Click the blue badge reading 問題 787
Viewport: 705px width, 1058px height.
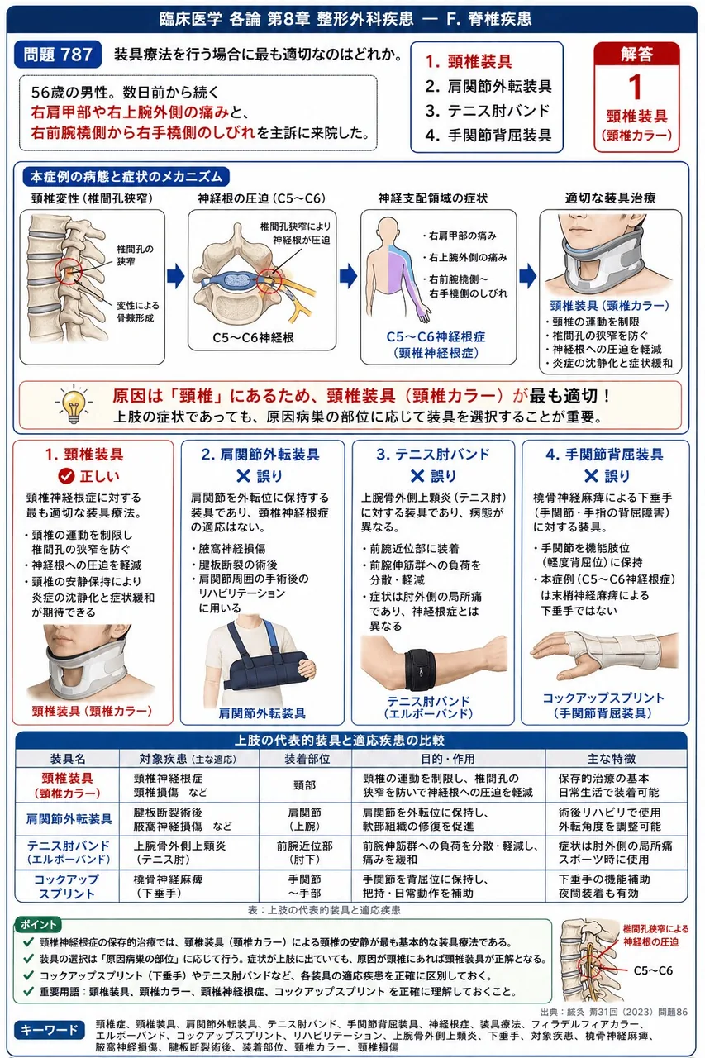(58, 55)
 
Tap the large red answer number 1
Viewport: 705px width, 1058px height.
(636, 88)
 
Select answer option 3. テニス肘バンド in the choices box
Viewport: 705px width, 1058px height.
(488, 111)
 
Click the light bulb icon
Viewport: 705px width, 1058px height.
(74, 404)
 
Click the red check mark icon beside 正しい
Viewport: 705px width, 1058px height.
(66, 476)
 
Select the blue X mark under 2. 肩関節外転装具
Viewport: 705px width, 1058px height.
(243, 476)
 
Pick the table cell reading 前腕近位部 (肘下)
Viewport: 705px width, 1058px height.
(305, 852)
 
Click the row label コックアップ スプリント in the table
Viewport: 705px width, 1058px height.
(67, 887)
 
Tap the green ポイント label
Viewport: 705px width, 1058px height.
(38, 924)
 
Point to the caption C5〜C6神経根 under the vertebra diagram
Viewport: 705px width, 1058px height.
(253, 337)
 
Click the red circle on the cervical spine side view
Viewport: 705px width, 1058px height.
(69, 271)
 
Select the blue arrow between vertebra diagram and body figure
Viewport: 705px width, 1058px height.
(349, 276)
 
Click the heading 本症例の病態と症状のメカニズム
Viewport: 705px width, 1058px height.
(126, 177)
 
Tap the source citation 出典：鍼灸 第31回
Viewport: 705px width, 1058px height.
(614, 1012)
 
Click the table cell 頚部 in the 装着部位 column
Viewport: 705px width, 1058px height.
(305, 785)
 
